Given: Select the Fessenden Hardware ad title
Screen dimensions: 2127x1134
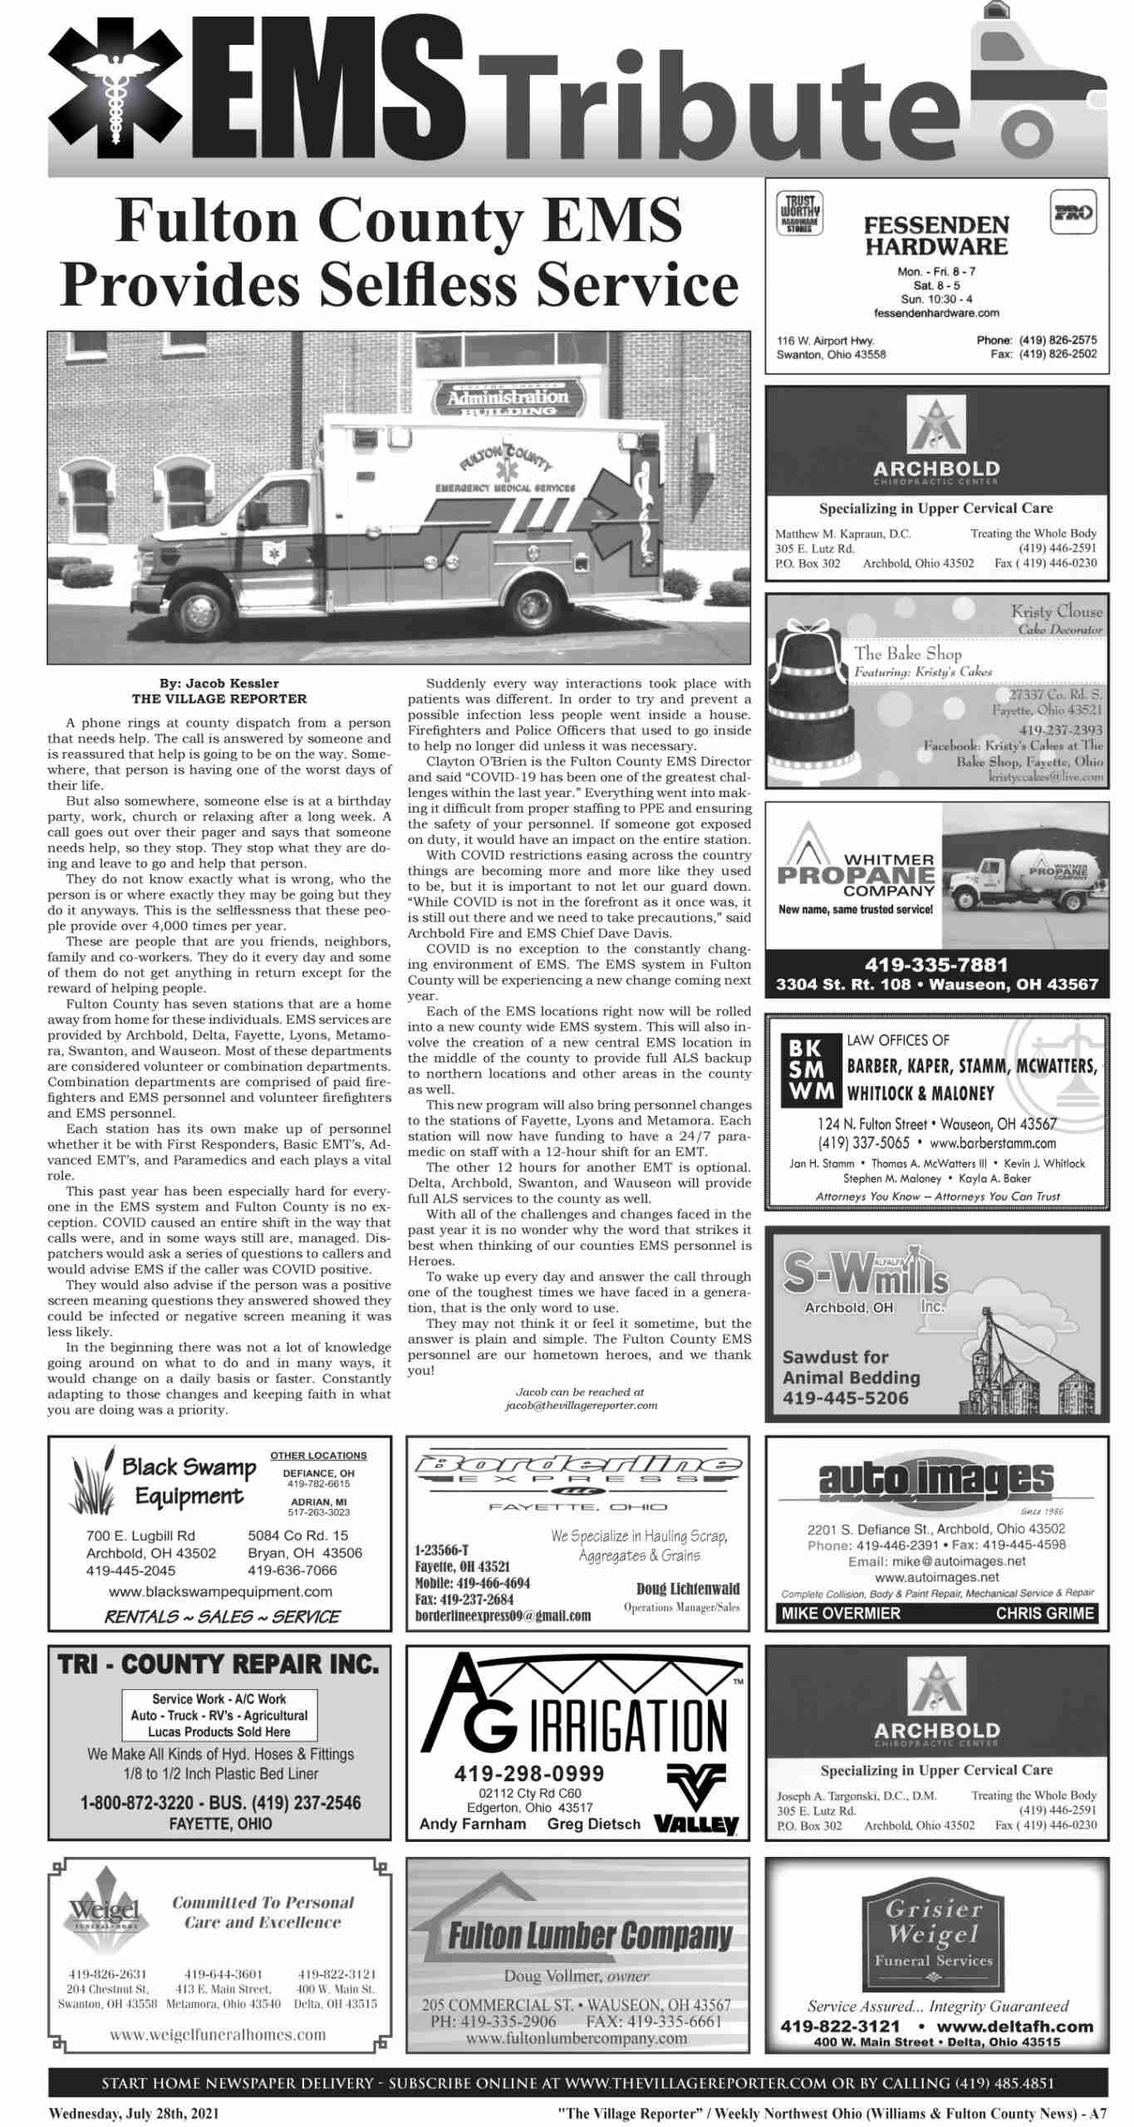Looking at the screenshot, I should (x=936, y=236).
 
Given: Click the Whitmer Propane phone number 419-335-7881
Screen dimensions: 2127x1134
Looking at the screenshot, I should (x=936, y=965).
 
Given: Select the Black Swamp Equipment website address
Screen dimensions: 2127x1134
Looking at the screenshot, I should (x=220, y=1592).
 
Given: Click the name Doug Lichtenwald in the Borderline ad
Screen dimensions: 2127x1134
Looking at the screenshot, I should (x=687, y=1589).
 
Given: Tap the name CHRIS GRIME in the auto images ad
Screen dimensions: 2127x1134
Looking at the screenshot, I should (x=1045, y=1614).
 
